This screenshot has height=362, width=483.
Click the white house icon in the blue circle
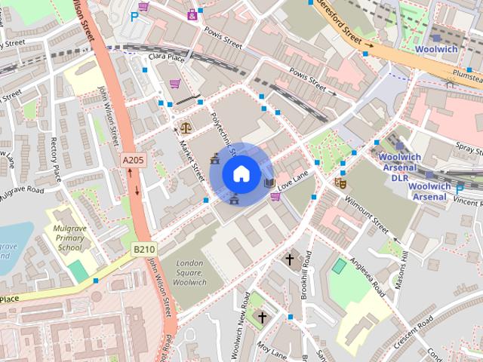tap(241, 174)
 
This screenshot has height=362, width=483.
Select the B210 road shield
tap(144, 248)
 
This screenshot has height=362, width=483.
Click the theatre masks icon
tap(340, 182)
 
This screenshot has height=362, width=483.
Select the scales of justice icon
tap(186, 127)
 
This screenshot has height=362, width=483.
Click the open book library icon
tap(269, 183)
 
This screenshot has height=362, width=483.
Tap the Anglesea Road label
tap(368, 275)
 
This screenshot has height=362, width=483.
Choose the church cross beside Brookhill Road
tap(289, 259)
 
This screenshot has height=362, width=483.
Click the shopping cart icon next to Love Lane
tap(275, 197)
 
